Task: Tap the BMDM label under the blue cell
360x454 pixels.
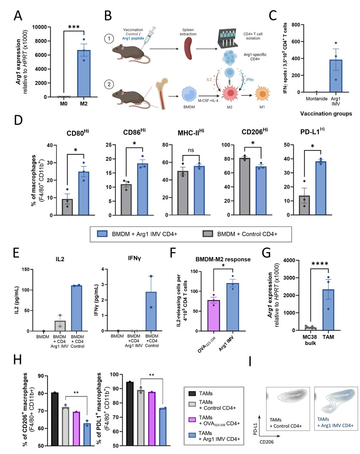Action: click(x=189, y=107)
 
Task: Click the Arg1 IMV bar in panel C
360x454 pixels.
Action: click(x=336, y=76)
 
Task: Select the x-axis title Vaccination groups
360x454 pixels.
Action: click(x=326, y=114)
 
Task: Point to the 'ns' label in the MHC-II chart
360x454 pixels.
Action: click(x=191, y=150)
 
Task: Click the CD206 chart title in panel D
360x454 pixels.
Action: click(x=254, y=132)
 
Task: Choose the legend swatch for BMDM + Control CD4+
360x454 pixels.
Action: click(x=208, y=234)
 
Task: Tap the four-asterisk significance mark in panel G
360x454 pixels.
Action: click(x=319, y=264)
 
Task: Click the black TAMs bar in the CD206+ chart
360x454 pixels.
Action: click(x=54, y=419)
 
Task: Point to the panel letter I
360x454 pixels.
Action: click(x=251, y=361)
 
